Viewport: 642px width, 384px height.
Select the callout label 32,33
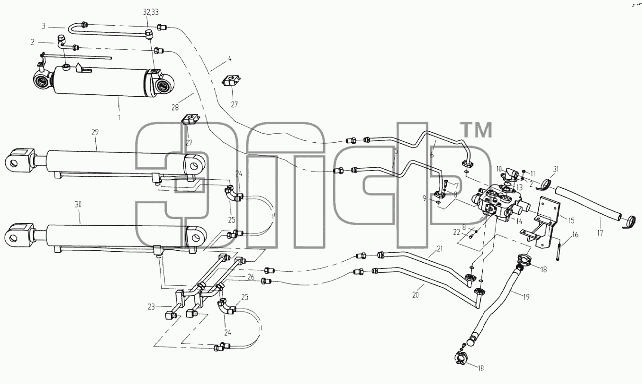[151, 12]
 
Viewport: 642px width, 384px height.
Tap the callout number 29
[95, 132]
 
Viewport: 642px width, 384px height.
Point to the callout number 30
[78, 204]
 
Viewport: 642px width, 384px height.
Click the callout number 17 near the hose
[600, 233]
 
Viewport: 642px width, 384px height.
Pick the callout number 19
[526, 297]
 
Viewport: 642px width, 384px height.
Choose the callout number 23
[151, 307]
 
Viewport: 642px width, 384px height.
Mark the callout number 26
[251, 277]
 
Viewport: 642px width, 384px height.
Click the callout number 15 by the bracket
[571, 220]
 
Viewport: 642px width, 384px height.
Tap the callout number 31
[556, 169]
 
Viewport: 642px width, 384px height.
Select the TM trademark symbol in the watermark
[476, 130]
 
